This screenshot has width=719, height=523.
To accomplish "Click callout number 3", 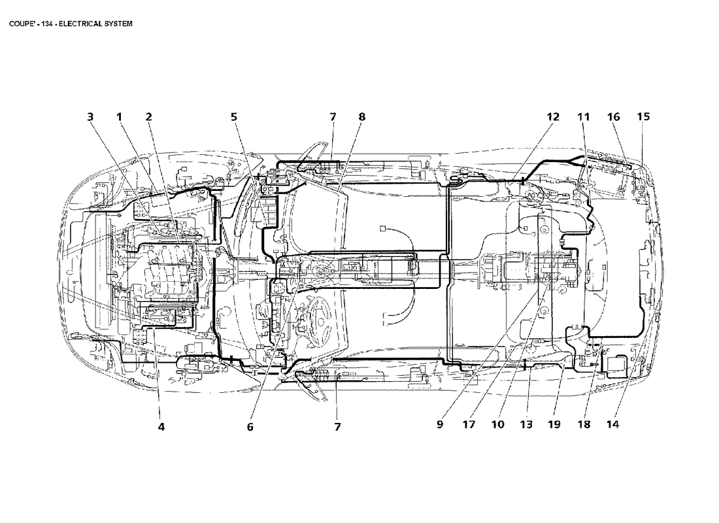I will coord(90,117).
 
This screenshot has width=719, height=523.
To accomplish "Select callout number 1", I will coord(120,117).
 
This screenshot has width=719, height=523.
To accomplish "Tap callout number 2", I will coord(149,117).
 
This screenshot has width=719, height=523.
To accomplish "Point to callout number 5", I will coord(233,117).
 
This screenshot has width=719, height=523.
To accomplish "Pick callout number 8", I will coord(361,117).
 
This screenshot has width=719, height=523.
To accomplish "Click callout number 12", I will coord(553,117).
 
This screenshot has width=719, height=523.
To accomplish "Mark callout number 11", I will coord(583,117).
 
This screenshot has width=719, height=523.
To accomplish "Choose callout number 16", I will coord(613,117).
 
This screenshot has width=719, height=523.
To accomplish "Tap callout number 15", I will coord(643,117).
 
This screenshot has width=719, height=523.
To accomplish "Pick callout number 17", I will coord(469,425).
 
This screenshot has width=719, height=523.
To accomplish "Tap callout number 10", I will coord(497,425).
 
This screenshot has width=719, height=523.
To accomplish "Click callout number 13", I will coord(526,425).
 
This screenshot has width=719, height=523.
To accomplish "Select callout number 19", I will coord(554,425).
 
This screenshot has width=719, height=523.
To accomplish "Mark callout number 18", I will coord(584,425).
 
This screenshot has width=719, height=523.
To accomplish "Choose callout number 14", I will coord(612,425).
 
